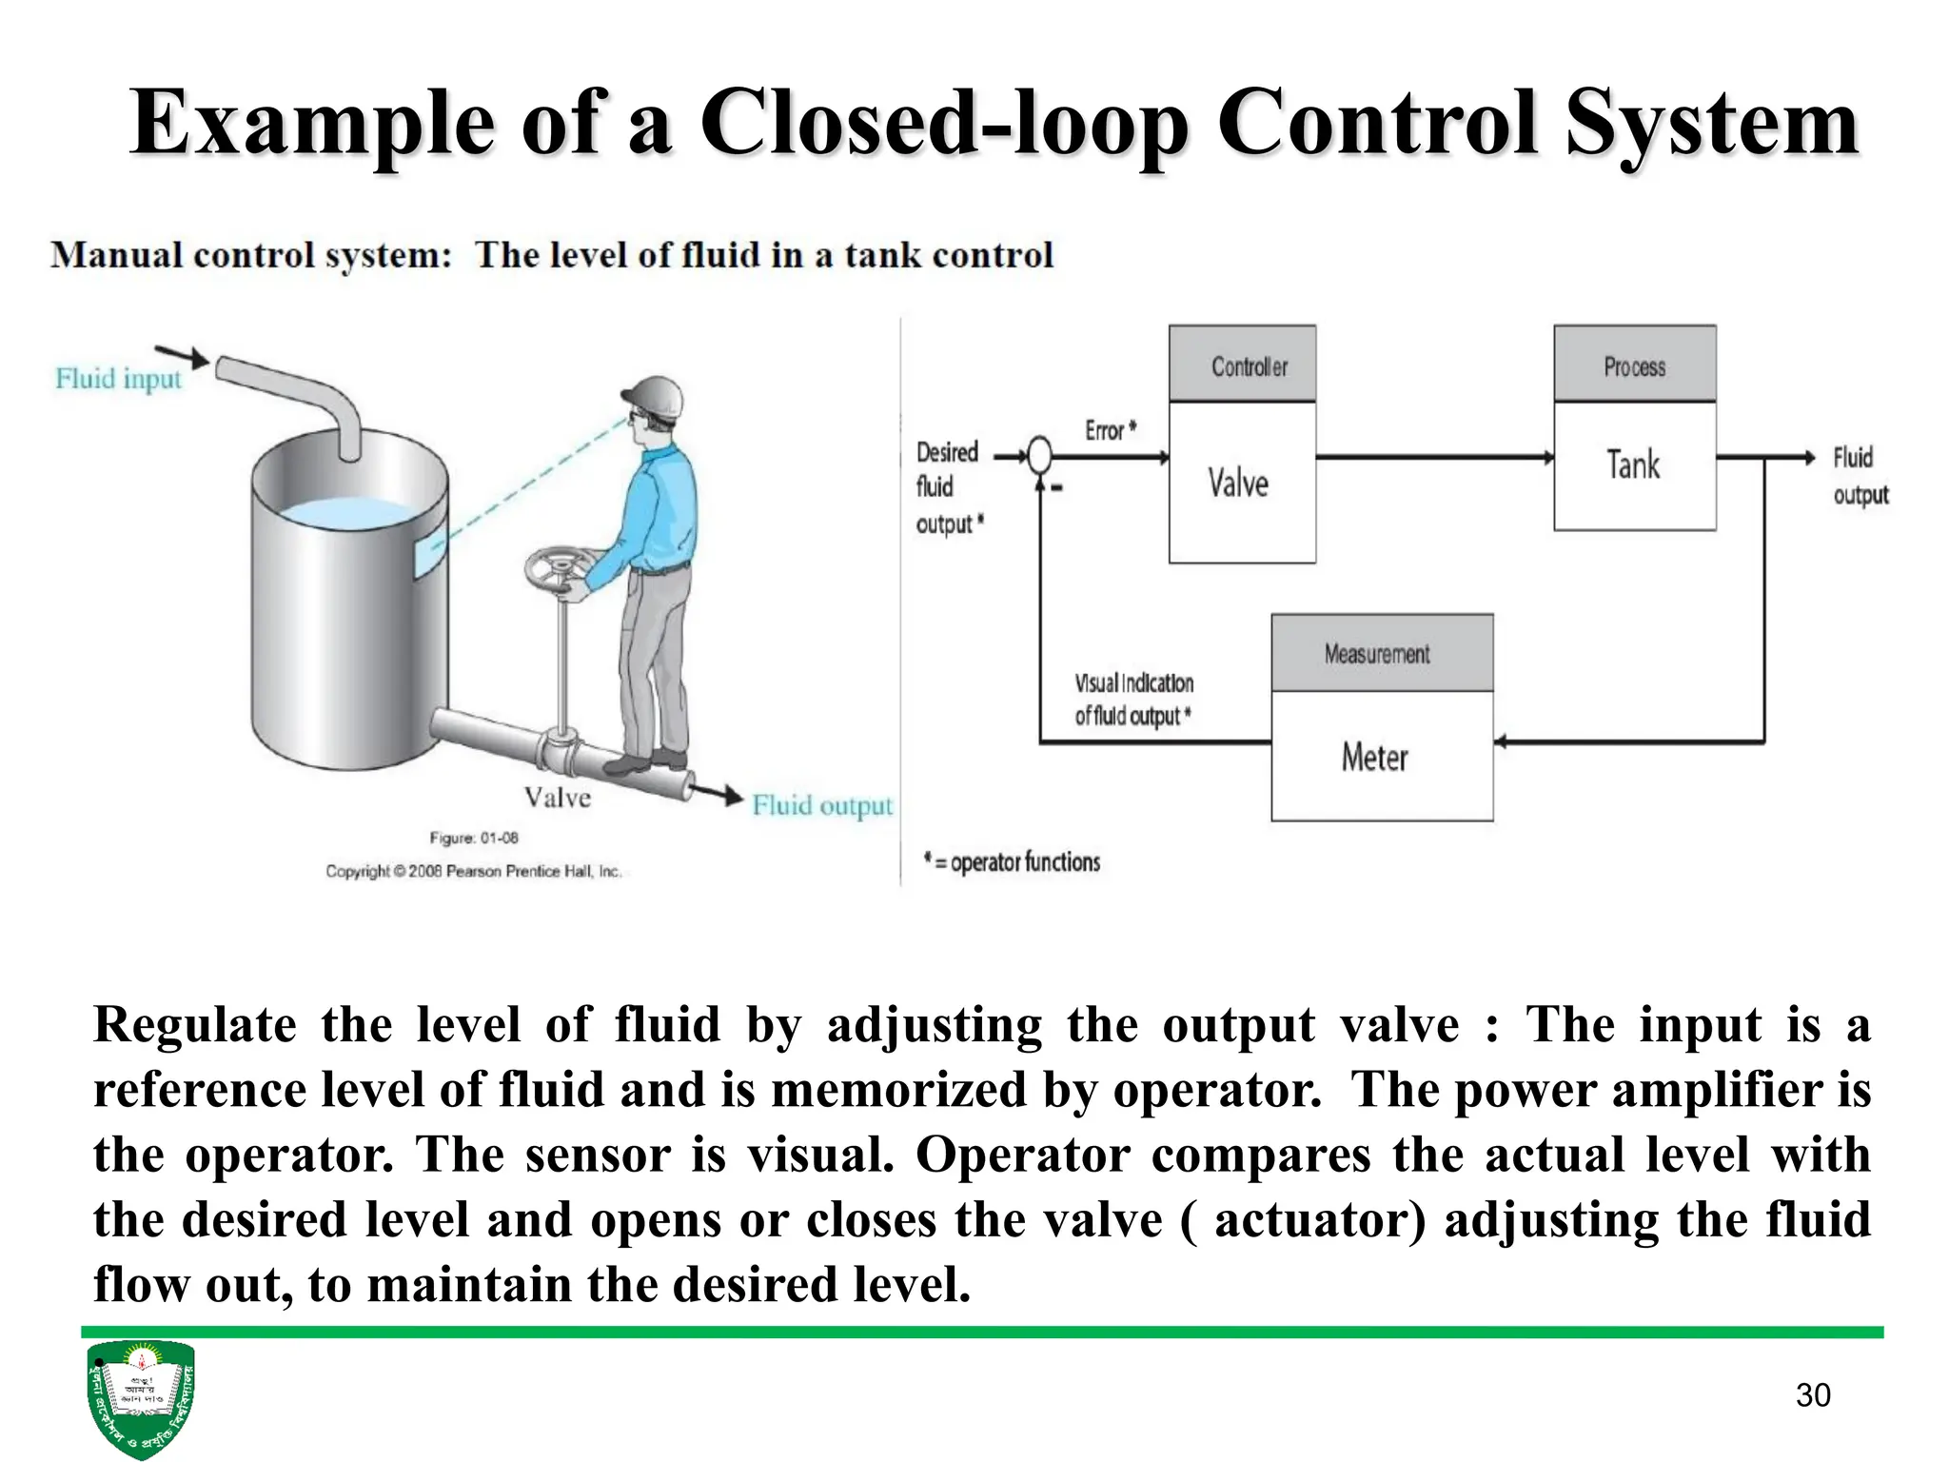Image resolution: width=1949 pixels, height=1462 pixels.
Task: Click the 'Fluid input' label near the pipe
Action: [x=118, y=379]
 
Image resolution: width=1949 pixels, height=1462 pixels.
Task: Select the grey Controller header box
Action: [x=1242, y=365]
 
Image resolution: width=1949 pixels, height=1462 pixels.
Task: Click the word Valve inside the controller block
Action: [x=1238, y=484]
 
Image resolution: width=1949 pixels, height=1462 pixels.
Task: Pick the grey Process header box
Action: [x=1634, y=365]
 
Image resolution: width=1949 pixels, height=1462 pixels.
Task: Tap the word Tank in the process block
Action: [x=1633, y=465]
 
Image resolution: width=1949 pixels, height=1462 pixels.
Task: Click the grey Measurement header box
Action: [x=1381, y=653]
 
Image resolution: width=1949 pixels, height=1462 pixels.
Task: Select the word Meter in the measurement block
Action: [x=1374, y=758]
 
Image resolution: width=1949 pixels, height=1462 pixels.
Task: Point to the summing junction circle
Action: [x=1040, y=457]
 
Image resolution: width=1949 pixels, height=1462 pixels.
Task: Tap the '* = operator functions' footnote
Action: [x=1013, y=862]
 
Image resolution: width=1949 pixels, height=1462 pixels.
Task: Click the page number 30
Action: [x=1812, y=1394]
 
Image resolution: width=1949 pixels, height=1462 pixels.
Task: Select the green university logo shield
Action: [x=140, y=1397]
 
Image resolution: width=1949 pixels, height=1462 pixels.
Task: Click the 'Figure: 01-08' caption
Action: [x=474, y=838]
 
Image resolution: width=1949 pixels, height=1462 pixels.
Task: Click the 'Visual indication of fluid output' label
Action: [x=1133, y=700]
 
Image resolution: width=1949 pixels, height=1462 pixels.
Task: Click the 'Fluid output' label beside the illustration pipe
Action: [x=822, y=806]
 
